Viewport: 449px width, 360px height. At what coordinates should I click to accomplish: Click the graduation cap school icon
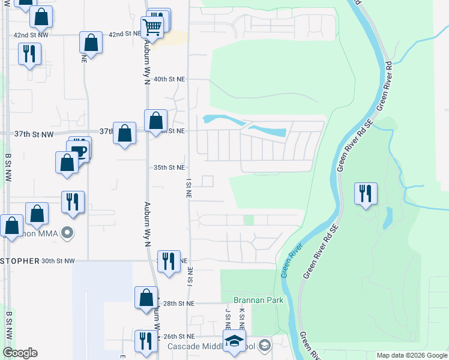[232, 341]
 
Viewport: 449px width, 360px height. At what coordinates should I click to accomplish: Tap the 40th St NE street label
[169, 79]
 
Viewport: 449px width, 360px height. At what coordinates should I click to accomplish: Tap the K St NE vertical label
[242, 319]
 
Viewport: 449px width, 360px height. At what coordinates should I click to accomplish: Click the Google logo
[20, 353]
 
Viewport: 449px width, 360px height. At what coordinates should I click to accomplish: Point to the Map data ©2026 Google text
[411, 355]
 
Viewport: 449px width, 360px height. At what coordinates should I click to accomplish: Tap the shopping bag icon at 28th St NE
[146, 297]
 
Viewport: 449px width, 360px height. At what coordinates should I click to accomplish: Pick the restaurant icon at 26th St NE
[145, 341]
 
